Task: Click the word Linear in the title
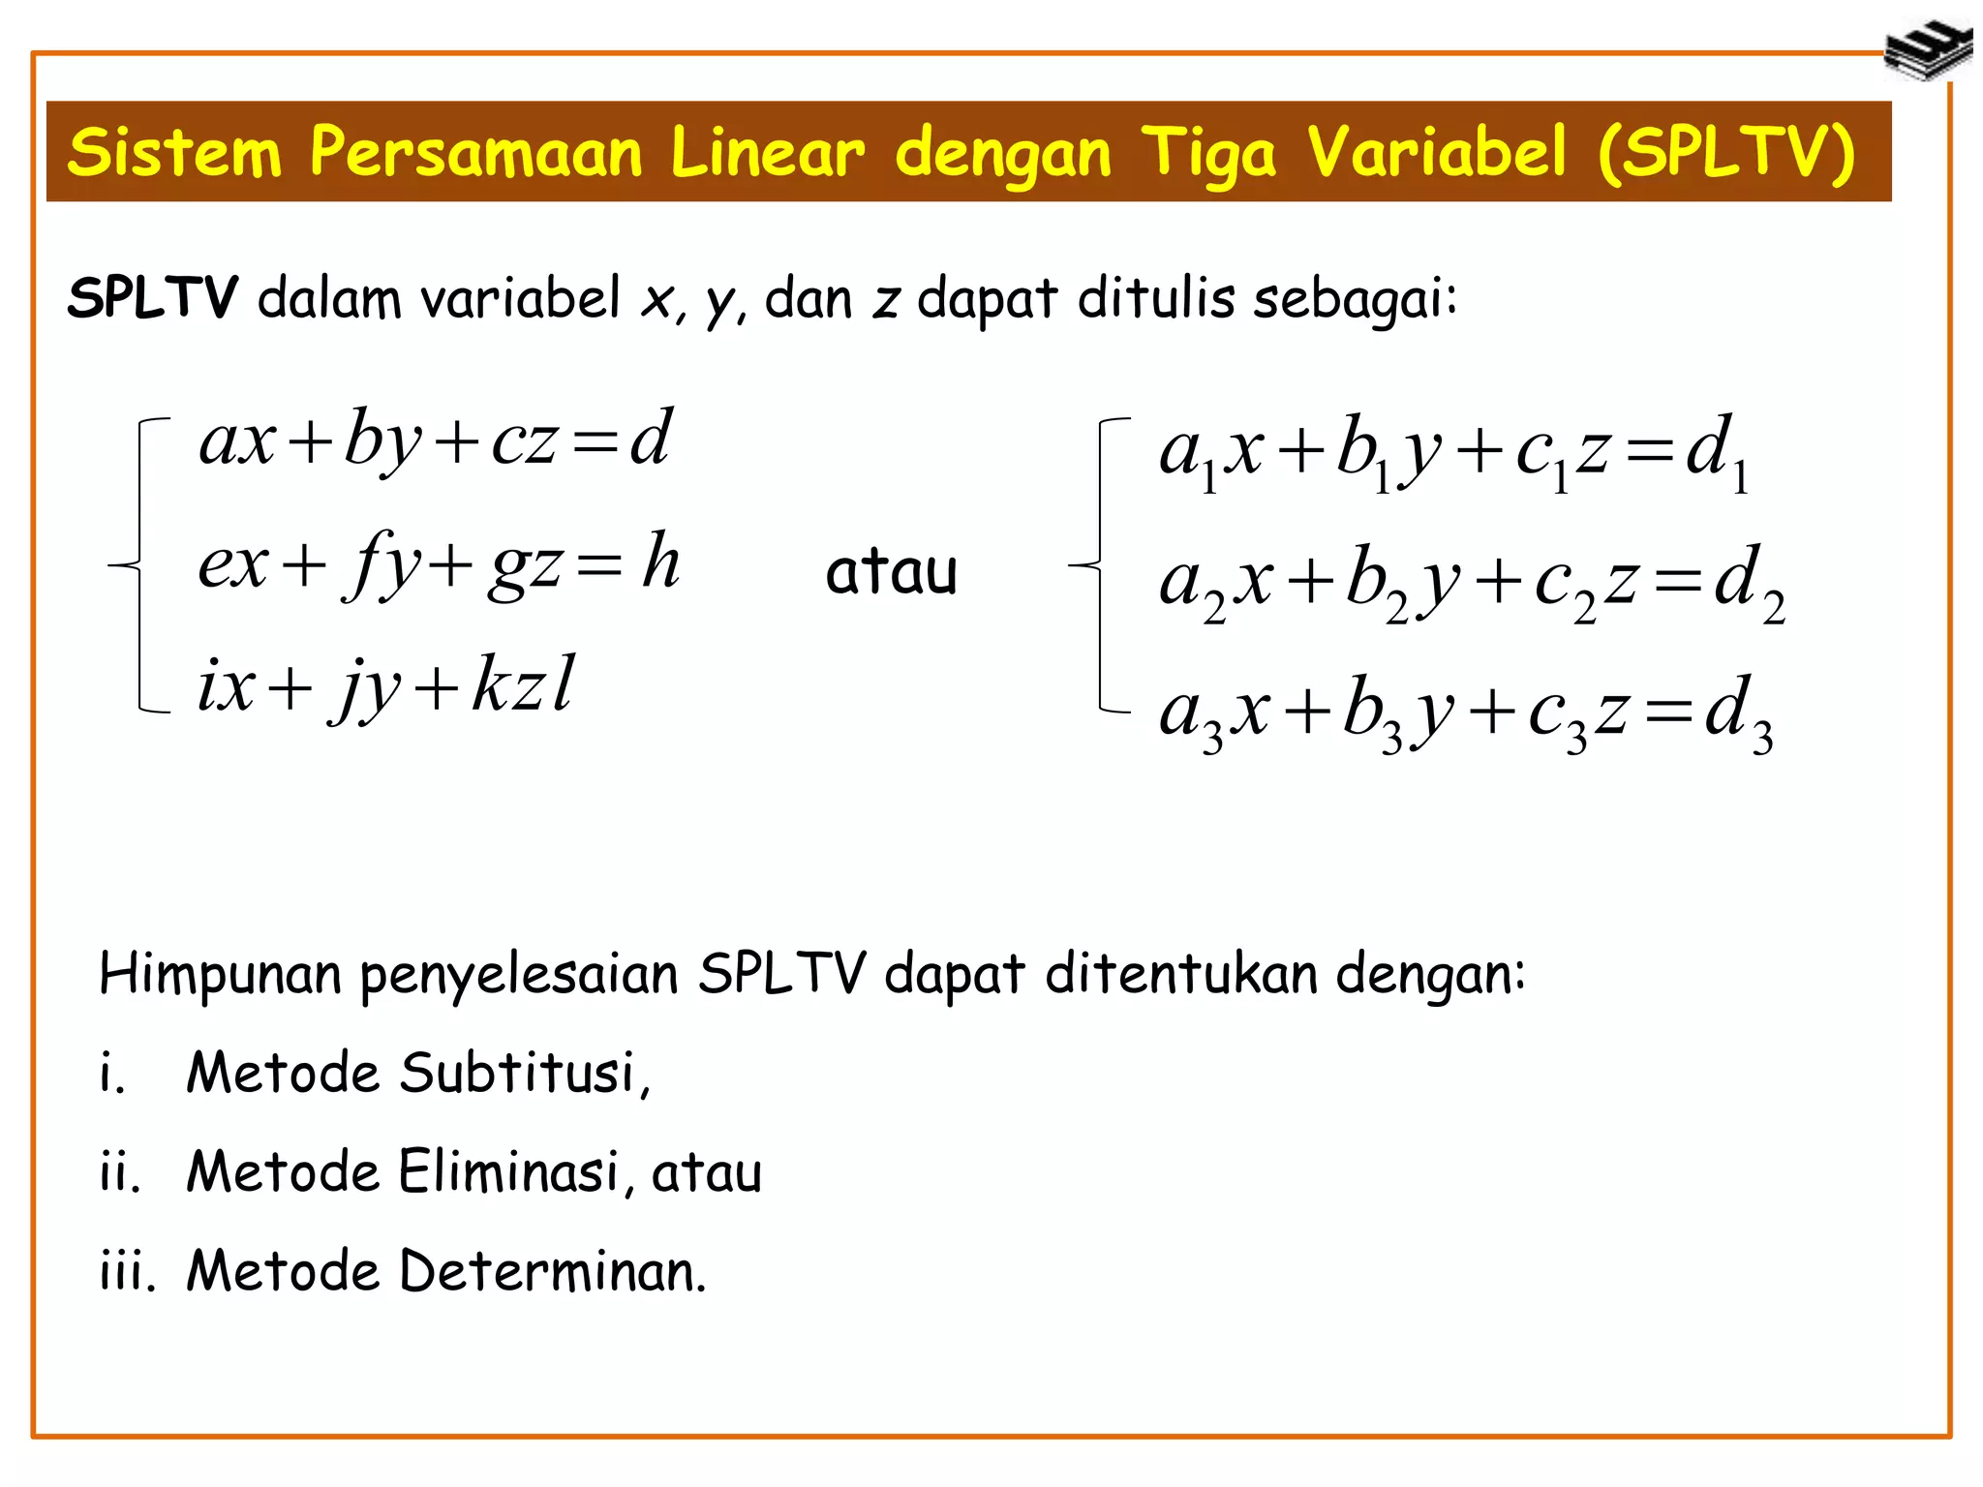[x=767, y=153]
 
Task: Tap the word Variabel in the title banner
[x=1436, y=153]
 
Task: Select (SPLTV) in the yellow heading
[x=1725, y=153]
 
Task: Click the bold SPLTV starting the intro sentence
[x=152, y=297]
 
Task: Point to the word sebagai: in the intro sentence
[x=1355, y=299]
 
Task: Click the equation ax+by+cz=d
[x=435, y=440]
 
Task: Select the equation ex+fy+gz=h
[x=439, y=564]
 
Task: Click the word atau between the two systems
[x=891, y=571]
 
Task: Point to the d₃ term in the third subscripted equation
[x=1738, y=716]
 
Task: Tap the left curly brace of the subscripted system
[x=1099, y=565]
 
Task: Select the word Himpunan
[x=220, y=973]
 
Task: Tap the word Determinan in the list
[x=552, y=1271]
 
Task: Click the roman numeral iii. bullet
[x=127, y=1271]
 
